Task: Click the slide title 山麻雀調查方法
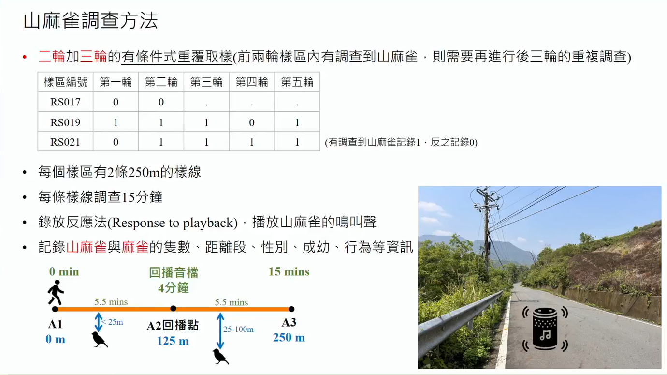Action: point(90,21)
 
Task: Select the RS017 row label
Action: point(65,102)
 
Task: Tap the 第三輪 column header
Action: point(206,82)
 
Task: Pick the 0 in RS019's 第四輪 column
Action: point(252,122)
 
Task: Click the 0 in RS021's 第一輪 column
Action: point(116,142)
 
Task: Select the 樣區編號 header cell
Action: point(66,82)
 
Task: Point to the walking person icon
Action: point(56,292)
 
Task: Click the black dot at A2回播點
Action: point(174,309)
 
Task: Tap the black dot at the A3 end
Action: point(291,309)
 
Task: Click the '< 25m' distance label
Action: point(112,322)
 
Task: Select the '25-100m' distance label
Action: point(238,329)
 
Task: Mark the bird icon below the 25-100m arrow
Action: point(220,357)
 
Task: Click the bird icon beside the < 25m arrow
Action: point(100,340)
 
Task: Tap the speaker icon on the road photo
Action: point(545,329)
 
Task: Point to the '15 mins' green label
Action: point(289,271)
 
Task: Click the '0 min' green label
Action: point(64,271)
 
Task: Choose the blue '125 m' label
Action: point(173,341)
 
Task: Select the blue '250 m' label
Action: point(289,337)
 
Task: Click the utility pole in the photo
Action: point(487,233)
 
